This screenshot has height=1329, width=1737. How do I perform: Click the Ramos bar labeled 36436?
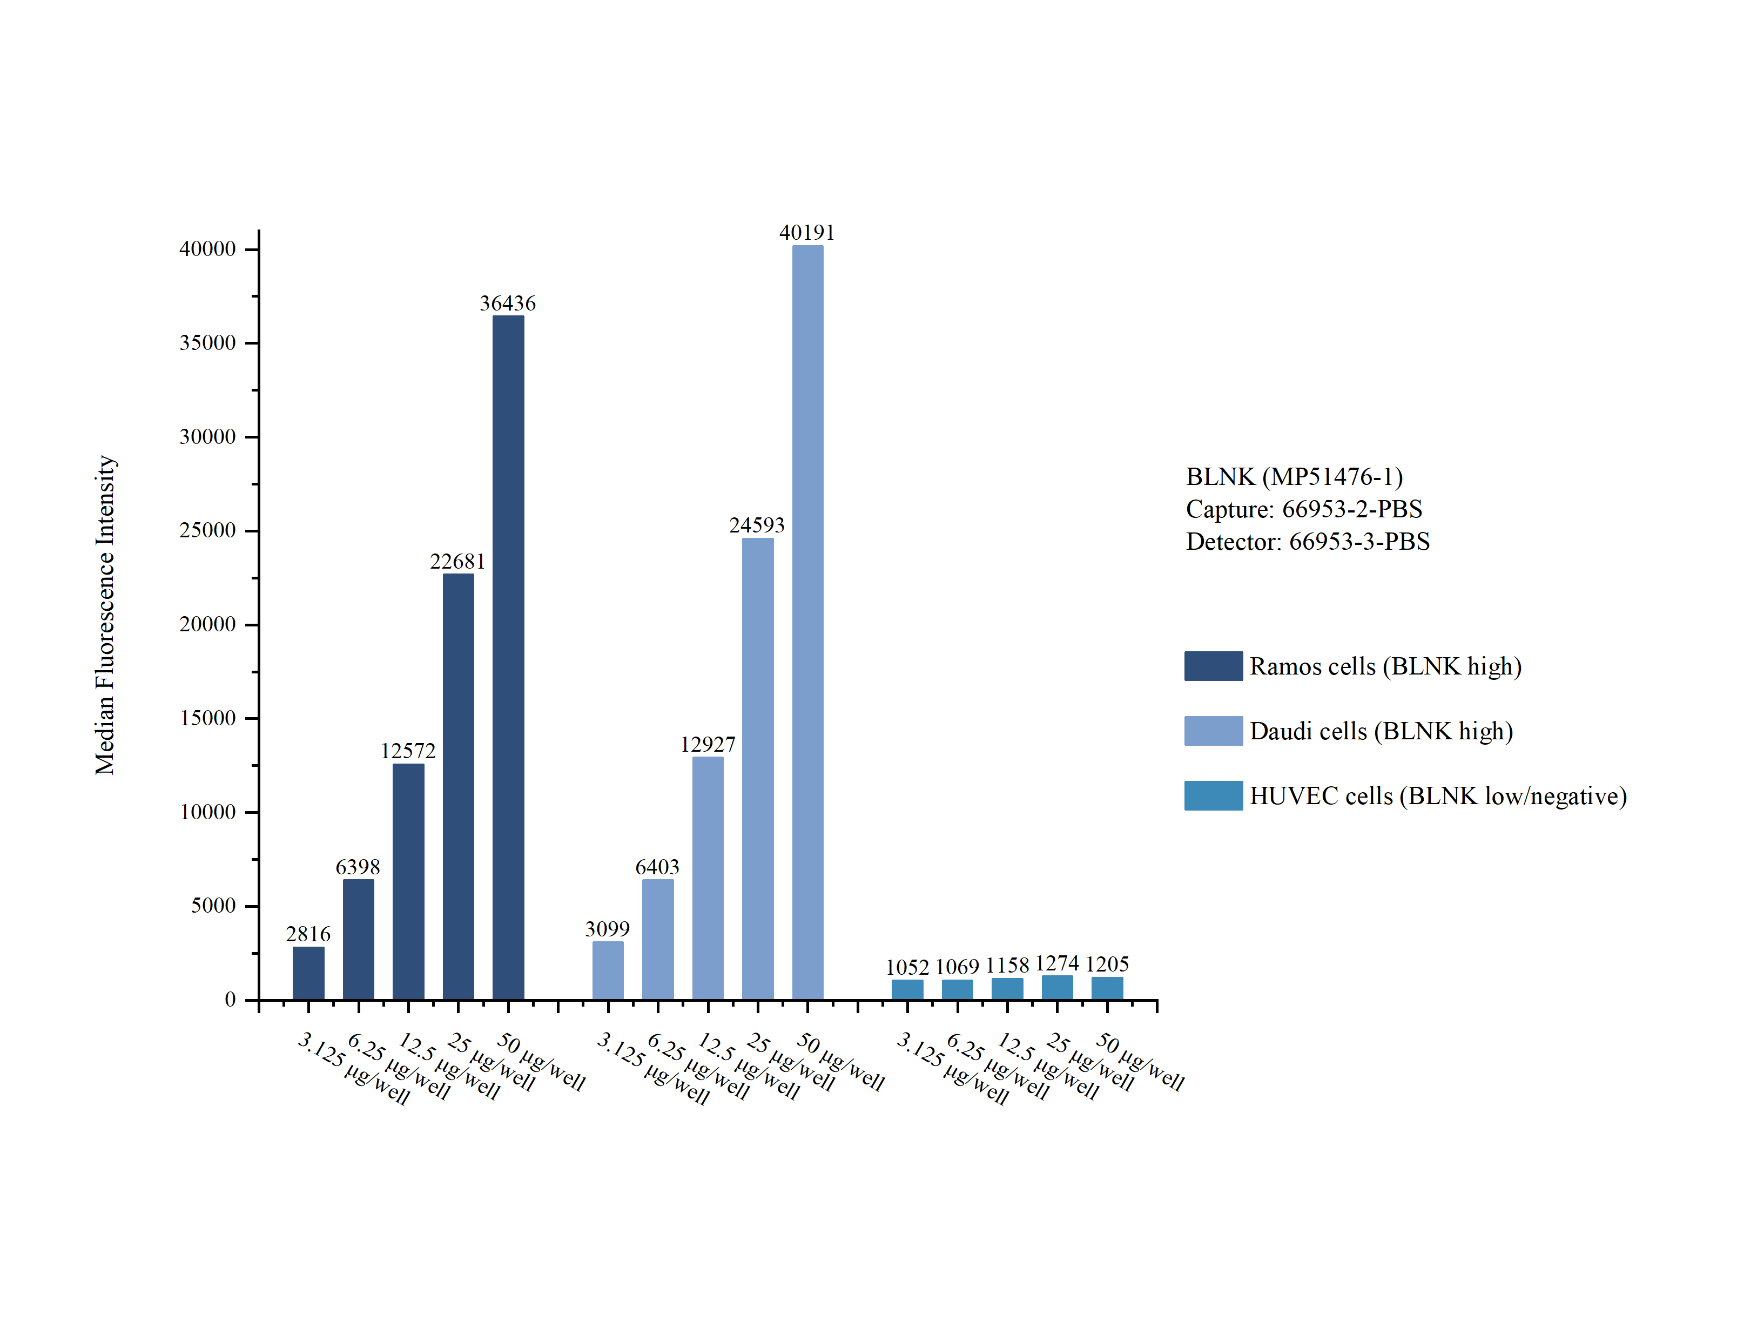pos(508,657)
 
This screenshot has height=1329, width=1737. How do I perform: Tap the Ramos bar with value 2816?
pos(308,973)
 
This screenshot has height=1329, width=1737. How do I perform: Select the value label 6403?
pos(657,867)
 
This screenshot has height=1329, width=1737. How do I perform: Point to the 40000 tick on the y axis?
pos(207,249)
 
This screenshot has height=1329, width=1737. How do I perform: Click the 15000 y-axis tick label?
pos(207,718)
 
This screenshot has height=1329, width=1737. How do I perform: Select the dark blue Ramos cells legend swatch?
pos(1213,666)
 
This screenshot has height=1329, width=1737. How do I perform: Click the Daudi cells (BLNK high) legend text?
pos(1381,731)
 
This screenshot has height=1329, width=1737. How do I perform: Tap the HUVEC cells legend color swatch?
pos(1213,796)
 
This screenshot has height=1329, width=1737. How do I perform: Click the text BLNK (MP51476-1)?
pos(1294,476)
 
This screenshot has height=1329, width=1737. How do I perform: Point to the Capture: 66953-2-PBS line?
pos(1303,509)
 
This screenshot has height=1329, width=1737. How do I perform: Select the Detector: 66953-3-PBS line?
pos(1308,542)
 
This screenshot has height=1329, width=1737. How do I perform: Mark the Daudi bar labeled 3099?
pos(608,970)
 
